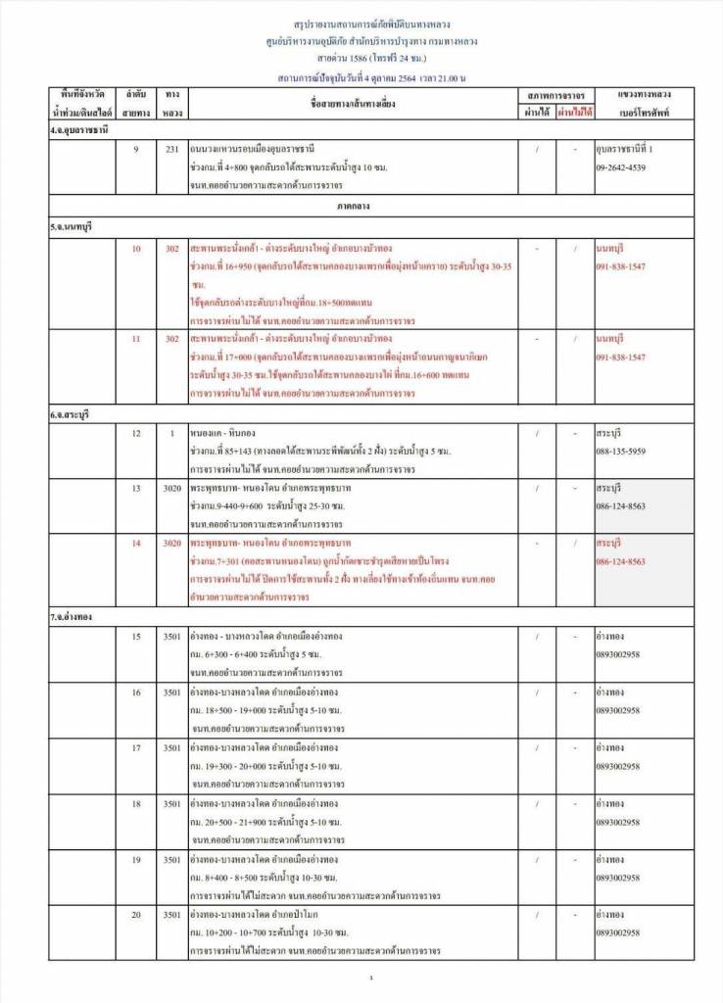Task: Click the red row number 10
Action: tap(136, 249)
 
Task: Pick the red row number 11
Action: tap(136, 338)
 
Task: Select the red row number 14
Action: tap(136, 543)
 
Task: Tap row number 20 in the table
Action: tap(136, 914)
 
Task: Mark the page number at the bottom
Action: tap(371, 979)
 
